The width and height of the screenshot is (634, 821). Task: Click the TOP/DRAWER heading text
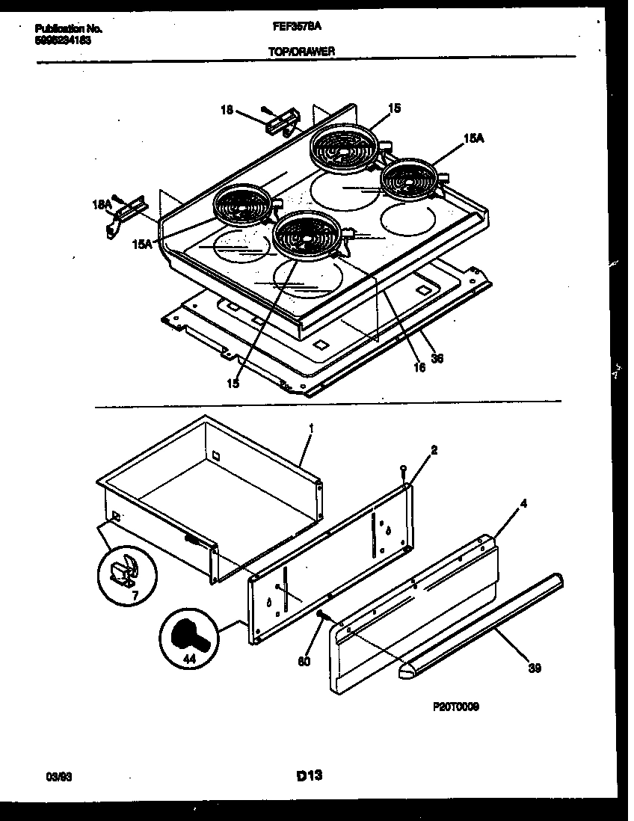(301, 51)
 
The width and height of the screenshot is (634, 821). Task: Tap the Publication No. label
(68, 28)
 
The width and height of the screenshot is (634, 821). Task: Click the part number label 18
(226, 109)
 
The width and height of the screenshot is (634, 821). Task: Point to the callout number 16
(419, 367)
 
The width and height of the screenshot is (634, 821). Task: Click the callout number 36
(438, 358)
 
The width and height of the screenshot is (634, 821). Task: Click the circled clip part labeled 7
(123, 574)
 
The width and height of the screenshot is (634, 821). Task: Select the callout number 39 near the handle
(535, 668)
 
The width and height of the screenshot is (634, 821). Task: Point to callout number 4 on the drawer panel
(523, 505)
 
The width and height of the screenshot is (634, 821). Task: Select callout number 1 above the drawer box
(310, 428)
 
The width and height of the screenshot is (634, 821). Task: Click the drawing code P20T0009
(455, 705)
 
